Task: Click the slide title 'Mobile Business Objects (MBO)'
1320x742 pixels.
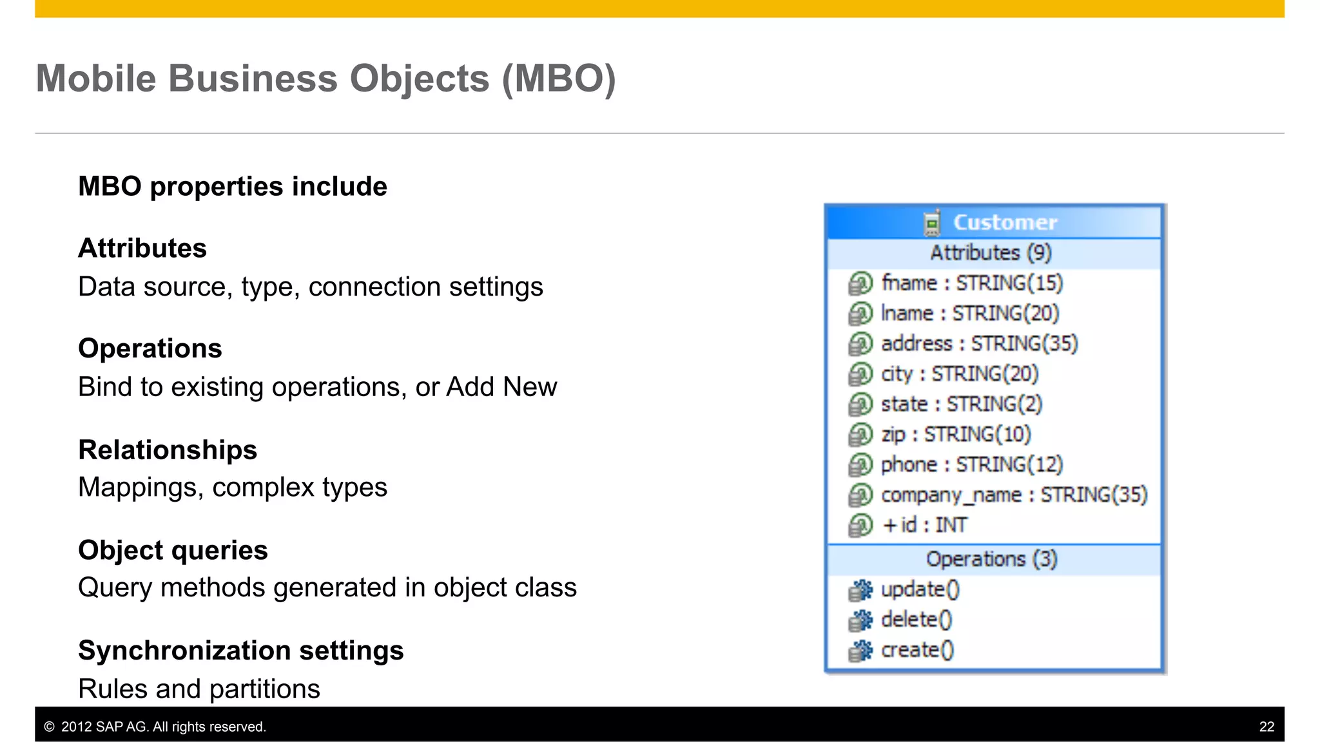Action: click(x=325, y=79)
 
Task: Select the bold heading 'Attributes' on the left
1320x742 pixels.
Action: click(x=142, y=249)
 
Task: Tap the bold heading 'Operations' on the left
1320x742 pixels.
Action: click(x=150, y=348)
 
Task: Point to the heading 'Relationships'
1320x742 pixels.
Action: click(x=168, y=450)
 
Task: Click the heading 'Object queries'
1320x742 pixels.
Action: click(x=173, y=550)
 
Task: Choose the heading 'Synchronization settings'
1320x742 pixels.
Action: click(x=241, y=651)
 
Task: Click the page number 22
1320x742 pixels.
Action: click(x=1267, y=727)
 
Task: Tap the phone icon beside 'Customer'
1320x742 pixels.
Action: click(x=931, y=223)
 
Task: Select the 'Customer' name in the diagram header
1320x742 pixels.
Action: click(x=1005, y=223)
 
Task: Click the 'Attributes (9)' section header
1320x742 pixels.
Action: click(x=991, y=253)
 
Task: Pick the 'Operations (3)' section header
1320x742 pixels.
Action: click(x=991, y=559)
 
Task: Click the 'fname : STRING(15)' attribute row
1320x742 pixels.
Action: click(x=972, y=283)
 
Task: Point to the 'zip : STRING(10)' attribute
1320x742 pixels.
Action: click(x=956, y=435)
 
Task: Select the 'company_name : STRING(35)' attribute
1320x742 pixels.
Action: click(x=1014, y=495)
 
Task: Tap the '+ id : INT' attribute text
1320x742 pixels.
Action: click(x=925, y=526)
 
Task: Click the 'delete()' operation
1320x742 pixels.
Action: click(x=916, y=620)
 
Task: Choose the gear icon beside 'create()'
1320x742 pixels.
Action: click(x=860, y=651)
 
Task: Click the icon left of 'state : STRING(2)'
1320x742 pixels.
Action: click(x=860, y=404)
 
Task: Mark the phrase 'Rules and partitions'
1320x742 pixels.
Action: click(x=199, y=689)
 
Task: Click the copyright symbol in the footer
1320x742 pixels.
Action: click(x=49, y=727)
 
